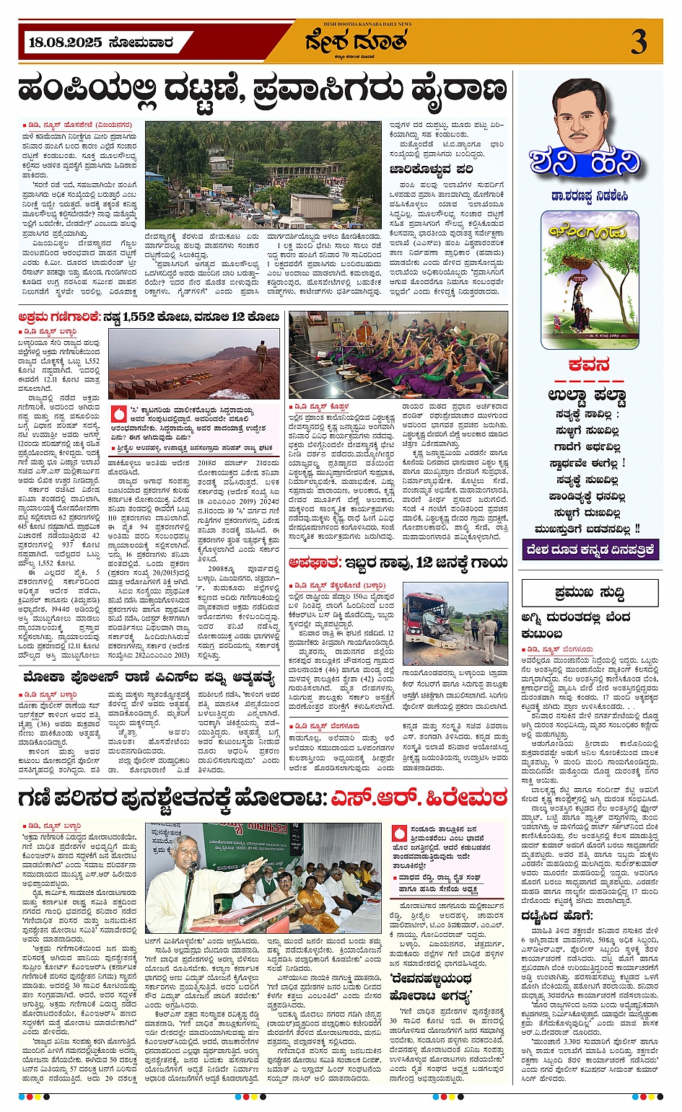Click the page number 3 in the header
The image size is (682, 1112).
639,41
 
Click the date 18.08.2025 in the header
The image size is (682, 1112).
66,43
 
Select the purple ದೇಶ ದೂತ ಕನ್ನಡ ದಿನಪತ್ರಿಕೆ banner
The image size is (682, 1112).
590,550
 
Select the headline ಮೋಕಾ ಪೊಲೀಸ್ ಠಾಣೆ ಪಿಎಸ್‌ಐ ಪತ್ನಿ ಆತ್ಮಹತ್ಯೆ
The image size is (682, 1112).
149,677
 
